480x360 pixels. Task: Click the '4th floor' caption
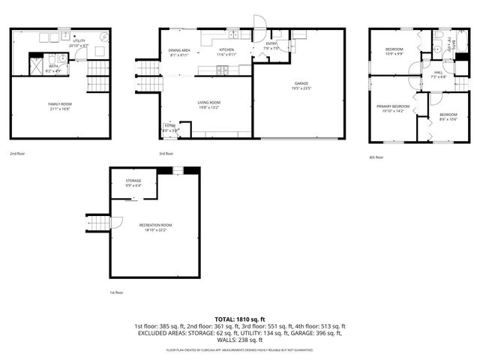click(x=376, y=157)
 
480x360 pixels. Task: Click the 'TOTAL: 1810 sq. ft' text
click(x=240, y=319)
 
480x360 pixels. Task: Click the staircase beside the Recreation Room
click(x=97, y=223)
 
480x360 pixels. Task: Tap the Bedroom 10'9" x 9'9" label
click(x=394, y=51)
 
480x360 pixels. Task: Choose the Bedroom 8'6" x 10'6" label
click(x=448, y=115)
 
